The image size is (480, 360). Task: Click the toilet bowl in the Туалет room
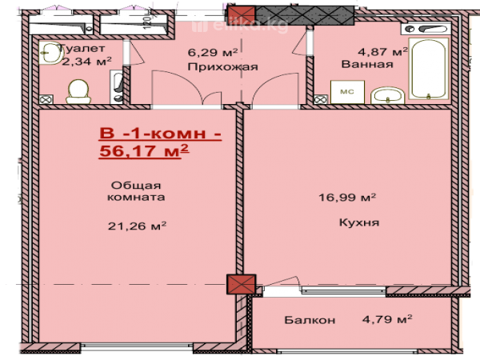[x=78, y=91]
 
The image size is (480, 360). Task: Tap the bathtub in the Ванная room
[x=429, y=69]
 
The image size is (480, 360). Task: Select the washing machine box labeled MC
[x=347, y=92]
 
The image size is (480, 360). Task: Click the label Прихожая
[x=222, y=66]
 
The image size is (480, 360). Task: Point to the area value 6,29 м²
[x=213, y=52]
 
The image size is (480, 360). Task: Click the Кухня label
[x=359, y=222]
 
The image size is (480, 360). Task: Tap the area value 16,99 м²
[x=347, y=197]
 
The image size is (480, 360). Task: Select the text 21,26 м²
[x=137, y=226]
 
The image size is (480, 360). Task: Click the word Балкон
[x=310, y=320]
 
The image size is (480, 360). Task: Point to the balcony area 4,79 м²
[x=387, y=319]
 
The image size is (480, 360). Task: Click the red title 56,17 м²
[x=144, y=151]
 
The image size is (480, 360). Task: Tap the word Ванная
[x=367, y=64]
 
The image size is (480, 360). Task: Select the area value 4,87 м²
[x=382, y=51]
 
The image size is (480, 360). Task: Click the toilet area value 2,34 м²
[x=86, y=62]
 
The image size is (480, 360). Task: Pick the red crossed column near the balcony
[x=241, y=284]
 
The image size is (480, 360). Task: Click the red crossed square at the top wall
[x=242, y=16]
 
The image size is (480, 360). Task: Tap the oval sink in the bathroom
[x=388, y=95]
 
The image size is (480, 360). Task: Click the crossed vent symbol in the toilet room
[x=46, y=100]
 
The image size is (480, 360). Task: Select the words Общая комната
[x=136, y=191]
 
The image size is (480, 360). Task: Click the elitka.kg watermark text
[x=240, y=26]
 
